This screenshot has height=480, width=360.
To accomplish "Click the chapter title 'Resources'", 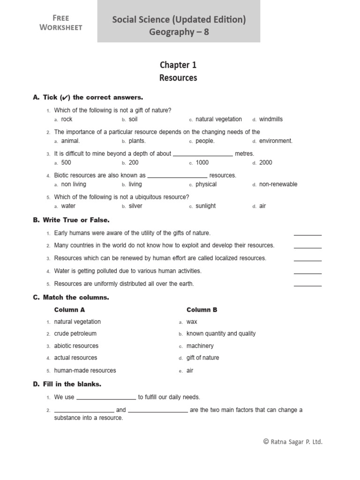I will point(178,78).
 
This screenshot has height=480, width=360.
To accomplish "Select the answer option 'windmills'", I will point(270,120).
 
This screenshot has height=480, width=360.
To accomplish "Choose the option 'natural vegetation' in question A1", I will point(218,120).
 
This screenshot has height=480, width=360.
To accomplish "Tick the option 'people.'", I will point(205,141).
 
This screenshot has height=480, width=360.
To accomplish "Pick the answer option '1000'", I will point(202,163).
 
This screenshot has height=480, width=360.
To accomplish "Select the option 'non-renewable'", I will point(278,184).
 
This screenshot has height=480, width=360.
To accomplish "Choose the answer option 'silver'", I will point(135,206).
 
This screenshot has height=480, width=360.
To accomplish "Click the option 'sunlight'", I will point(206,206).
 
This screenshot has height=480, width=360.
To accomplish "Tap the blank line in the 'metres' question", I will point(202,154).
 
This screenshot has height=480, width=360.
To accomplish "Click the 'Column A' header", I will point(69,310).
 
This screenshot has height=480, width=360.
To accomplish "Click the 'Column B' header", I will point(202,310).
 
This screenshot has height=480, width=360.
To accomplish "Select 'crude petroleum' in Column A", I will point(75,334).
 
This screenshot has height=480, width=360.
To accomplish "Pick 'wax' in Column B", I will point(192,322).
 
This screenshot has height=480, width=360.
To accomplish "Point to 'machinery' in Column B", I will point(200,346).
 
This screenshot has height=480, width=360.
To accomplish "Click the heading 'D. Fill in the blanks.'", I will point(67,384).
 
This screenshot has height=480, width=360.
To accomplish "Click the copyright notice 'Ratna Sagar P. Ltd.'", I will point(293,442).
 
